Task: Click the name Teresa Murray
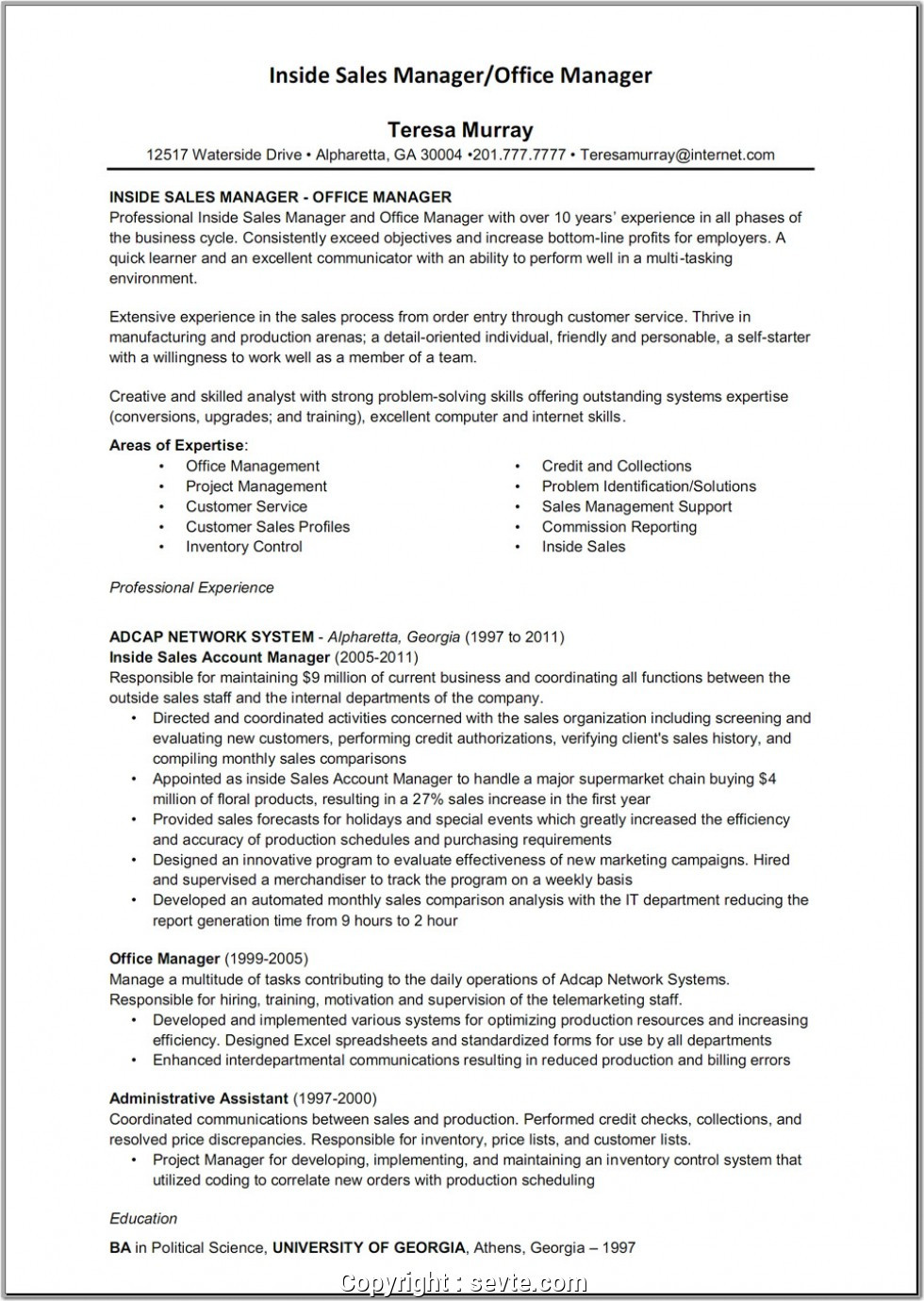click(x=460, y=130)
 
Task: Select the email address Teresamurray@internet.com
click(x=677, y=155)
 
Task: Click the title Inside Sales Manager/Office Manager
click(x=460, y=75)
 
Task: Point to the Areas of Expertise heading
click(x=177, y=445)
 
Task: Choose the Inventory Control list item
click(x=243, y=547)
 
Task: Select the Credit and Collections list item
click(x=616, y=466)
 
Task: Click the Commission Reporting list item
click(x=619, y=527)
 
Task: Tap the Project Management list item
click(x=256, y=486)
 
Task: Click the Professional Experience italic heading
click(x=191, y=587)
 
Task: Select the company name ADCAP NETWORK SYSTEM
click(x=211, y=637)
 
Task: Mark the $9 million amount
click(x=335, y=678)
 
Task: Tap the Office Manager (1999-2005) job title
click(x=208, y=960)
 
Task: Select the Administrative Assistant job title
click(x=199, y=1098)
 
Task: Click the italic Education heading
click(x=143, y=1218)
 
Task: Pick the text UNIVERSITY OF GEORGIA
click(x=369, y=1247)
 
